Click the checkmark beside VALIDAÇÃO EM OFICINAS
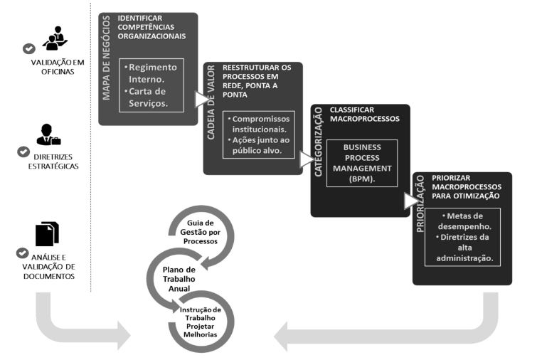[29, 48]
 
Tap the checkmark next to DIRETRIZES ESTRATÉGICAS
[22, 152]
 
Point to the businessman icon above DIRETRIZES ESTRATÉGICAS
[48, 136]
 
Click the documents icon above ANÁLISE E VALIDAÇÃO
[47, 233]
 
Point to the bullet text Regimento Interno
[151, 73]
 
